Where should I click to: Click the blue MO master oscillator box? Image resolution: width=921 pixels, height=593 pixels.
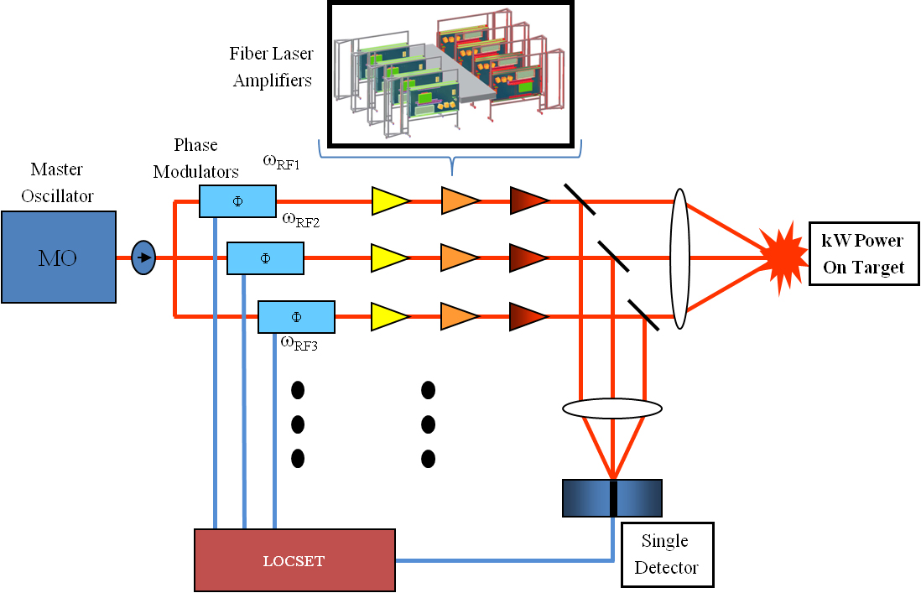tap(58, 257)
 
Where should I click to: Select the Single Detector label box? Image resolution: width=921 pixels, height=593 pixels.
tap(667, 554)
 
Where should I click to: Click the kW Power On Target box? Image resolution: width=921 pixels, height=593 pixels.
tap(863, 253)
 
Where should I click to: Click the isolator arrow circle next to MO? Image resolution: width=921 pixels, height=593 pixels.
tap(144, 257)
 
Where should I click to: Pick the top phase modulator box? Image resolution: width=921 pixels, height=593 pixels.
tap(237, 201)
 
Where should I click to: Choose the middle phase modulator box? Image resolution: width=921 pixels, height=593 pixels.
tap(265, 258)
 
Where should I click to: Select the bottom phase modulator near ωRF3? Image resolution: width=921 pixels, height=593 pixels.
tap(296, 316)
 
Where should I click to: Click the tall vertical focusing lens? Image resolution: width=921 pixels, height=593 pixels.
tap(680, 258)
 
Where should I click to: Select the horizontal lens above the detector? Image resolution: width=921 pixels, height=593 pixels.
tap(611, 408)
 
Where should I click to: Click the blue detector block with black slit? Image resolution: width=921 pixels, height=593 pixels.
tap(611, 497)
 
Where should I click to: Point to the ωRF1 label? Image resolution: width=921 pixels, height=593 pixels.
tap(282, 162)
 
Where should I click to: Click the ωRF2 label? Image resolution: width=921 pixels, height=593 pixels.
tap(300, 221)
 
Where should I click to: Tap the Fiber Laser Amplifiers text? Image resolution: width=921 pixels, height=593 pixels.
tap(272, 67)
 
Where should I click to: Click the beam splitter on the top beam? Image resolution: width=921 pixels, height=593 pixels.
tap(580, 200)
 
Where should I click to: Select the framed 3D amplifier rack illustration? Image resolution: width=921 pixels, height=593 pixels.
tap(450, 73)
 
